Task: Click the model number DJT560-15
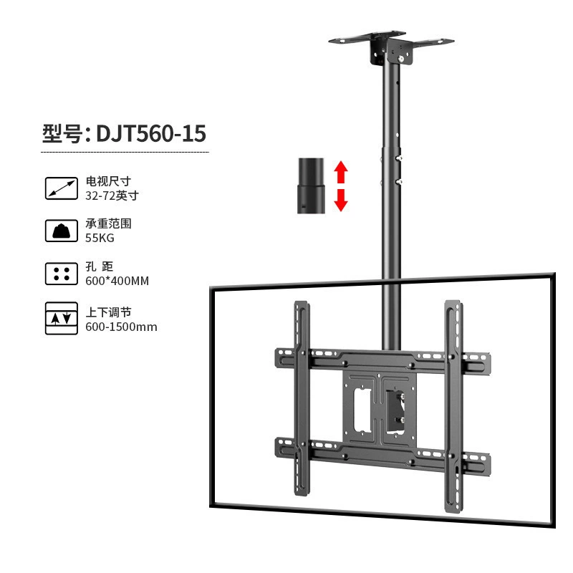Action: [151, 133]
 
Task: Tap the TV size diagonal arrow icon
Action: [62, 188]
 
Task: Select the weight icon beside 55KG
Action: [62, 231]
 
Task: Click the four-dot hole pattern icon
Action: [62, 274]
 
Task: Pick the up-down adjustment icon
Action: [62, 318]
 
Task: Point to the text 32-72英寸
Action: [112, 196]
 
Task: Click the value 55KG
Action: [100, 238]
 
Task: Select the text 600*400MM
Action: [117, 281]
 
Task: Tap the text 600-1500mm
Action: [121, 327]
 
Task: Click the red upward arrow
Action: [341, 172]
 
